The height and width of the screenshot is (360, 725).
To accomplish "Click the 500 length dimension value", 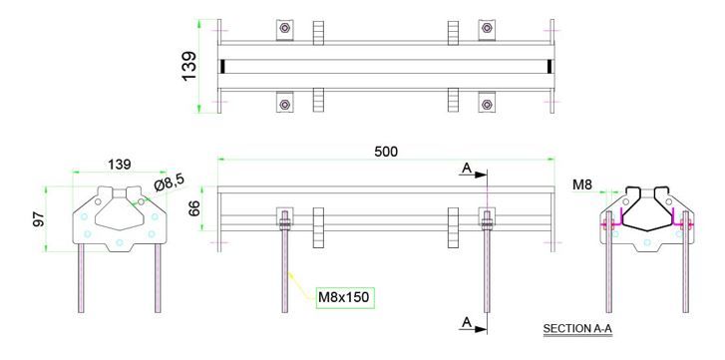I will coord(386,151).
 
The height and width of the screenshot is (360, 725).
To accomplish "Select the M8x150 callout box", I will coord(344,296).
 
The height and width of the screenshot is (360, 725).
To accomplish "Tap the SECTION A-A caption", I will coord(579,328).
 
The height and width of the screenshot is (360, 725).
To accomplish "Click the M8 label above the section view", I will coord(584,183).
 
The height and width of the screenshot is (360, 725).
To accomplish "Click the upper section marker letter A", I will coord(466,170).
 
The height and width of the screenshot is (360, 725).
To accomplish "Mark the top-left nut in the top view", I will coord(285,28).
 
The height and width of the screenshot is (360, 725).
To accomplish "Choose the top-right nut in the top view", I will coord(487,28).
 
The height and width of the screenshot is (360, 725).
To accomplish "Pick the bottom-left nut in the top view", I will coord(285,103).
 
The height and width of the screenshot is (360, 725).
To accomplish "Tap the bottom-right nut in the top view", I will coord(487,103).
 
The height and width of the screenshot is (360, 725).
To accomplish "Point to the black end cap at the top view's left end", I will coord(223,66).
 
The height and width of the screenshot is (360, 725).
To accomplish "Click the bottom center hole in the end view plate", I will coord(119,242).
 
